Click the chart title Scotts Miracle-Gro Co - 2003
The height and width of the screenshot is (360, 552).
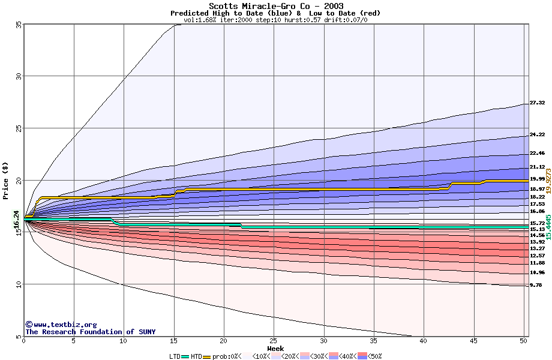click(x=276, y=5)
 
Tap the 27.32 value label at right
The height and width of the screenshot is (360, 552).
click(x=537, y=103)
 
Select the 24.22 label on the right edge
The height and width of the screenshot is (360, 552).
click(x=537, y=135)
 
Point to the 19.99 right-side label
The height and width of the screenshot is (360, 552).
click(x=537, y=179)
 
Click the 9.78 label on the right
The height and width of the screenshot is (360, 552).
click(x=536, y=286)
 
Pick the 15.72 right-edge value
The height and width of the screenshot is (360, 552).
click(x=537, y=223)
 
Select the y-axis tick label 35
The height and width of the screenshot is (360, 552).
click(x=19, y=25)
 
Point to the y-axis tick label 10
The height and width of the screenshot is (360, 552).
click(x=19, y=284)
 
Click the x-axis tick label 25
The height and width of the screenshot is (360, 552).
click(x=274, y=341)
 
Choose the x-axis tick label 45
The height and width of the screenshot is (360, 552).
click(x=473, y=341)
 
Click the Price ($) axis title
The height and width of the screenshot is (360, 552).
click(x=6, y=180)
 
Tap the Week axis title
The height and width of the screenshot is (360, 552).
click(x=275, y=349)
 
